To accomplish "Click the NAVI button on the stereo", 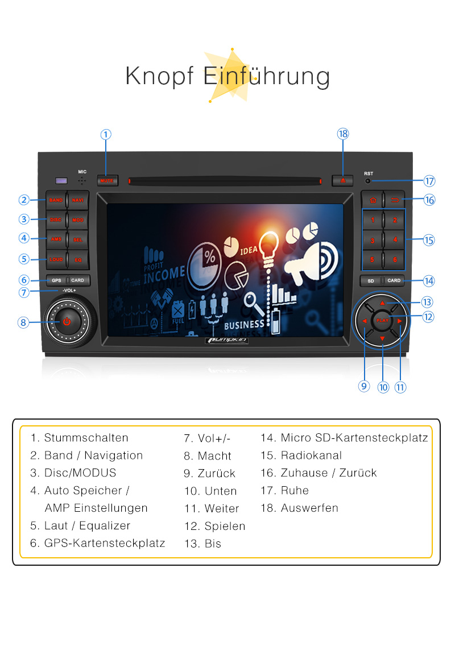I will (x=77, y=200).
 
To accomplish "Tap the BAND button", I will (x=56, y=200).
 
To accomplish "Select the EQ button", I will (x=78, y=260).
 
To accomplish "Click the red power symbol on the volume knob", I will (x=67, y=321).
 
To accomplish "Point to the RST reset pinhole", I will (x=368, y=181).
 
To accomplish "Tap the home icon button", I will (x=373, y=200).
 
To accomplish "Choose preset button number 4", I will (x=394, y=239).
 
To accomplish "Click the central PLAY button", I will (x=382, y=321).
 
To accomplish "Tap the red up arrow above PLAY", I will (x=382, y=303).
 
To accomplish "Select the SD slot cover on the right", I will (x=371, y=280).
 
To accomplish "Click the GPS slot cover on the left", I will (x=56, y=280).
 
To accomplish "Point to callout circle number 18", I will (x=342, y=134).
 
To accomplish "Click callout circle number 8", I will (x=23, y=322).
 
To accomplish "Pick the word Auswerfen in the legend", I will (x=309, y=508).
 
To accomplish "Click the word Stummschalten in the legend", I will (x=86, y=438).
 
